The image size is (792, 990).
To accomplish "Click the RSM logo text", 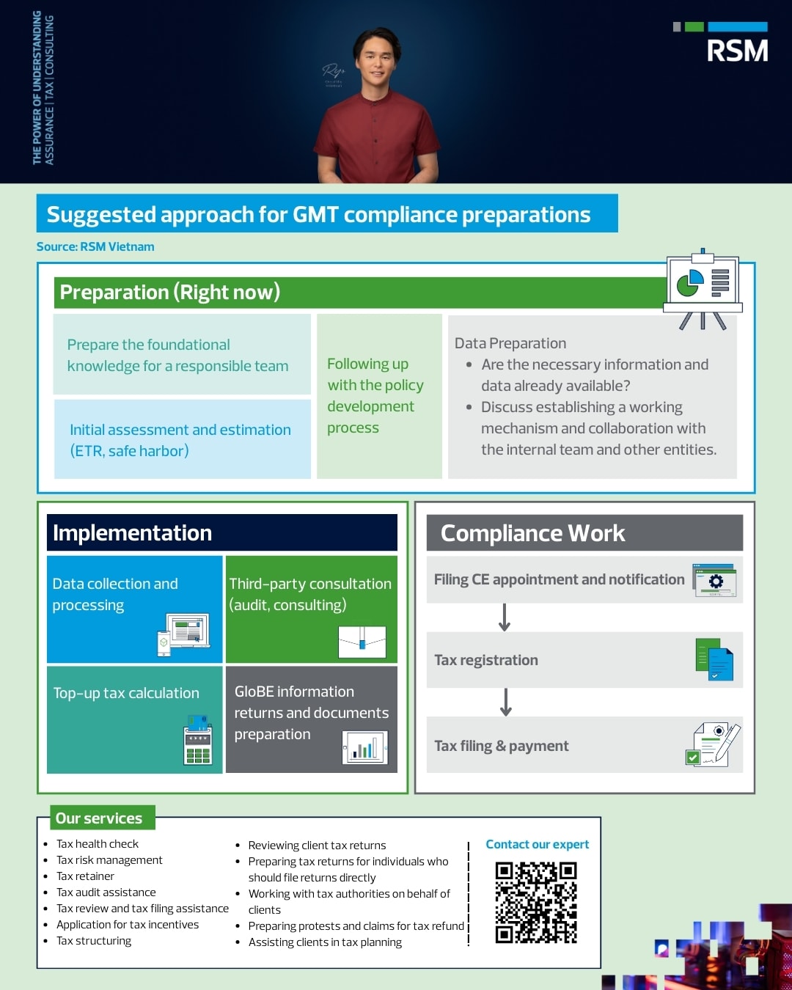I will (737, 51).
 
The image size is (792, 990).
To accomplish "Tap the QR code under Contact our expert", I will (536, 902).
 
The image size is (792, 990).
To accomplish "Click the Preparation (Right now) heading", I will (170, 292).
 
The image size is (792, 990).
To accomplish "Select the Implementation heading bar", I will (221, 532).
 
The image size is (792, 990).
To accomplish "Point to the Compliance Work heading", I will (533, 533).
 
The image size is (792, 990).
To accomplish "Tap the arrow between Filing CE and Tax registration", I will (505, 617).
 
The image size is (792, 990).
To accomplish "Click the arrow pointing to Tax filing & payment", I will (506, 702).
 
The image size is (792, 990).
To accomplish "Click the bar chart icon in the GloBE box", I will (364, 748).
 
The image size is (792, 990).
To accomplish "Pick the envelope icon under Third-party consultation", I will (362, 642).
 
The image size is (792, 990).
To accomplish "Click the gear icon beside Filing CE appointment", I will (715, 581).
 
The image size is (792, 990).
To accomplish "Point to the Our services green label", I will (100, 818).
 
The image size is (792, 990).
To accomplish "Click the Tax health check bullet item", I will (98, 844).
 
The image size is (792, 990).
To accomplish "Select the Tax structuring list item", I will (94, 941).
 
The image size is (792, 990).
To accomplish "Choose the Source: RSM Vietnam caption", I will (95, 246).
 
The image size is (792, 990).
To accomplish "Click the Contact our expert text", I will (538, 844).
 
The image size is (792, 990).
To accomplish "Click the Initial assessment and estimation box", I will (181, 440).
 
